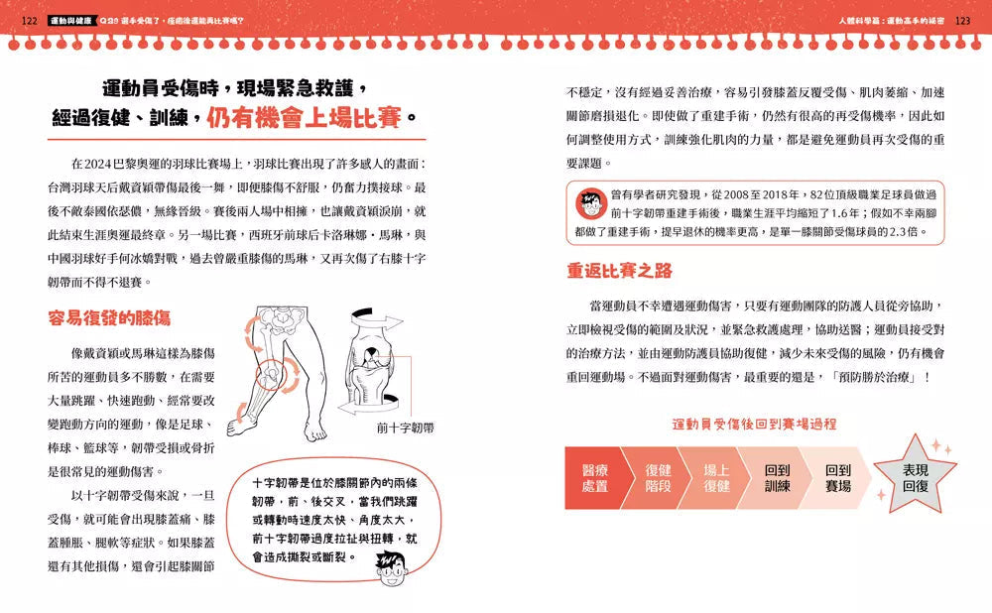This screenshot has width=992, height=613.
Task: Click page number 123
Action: [x=963, y=19]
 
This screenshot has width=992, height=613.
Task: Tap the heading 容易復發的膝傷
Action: [x=108, y=318]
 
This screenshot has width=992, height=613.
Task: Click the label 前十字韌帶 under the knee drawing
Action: [x=412, y=429]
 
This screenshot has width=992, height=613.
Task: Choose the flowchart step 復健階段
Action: [x=658, y=478]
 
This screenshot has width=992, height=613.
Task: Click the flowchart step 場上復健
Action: [x=717, y=478]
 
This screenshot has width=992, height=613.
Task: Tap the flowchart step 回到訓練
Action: [x=778, y=478]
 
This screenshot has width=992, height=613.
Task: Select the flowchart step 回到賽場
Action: [x=838, y=478]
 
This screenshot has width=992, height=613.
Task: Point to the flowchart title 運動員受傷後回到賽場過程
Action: [x=754, y=424]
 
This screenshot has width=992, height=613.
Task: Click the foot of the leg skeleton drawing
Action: [x=313, y=430]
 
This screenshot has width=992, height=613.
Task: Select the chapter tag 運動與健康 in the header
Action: [x=73, y=19]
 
